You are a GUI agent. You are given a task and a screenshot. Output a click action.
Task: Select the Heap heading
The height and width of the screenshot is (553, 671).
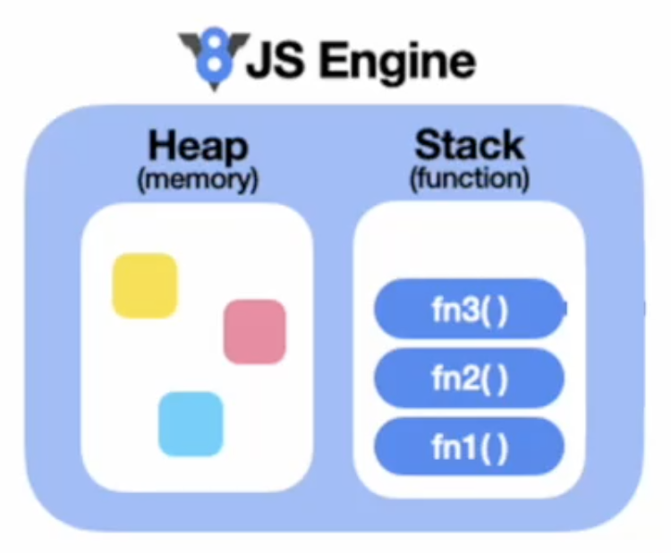click(198, 146)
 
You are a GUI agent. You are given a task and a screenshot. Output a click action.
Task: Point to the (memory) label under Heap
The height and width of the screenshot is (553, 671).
click(198, 179)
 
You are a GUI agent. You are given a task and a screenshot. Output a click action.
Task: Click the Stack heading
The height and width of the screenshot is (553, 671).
click(470, 146)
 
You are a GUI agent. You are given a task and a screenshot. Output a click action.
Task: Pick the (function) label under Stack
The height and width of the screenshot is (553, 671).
click(470, 179)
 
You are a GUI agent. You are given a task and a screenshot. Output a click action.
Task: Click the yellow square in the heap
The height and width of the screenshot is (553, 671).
click(144, 285)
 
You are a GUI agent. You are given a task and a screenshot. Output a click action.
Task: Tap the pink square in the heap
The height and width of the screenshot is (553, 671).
click(254, 332)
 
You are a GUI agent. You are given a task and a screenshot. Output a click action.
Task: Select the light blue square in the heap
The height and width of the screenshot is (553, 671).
click(191, 423)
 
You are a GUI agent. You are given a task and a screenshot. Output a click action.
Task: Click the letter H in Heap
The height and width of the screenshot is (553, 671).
click(162, 146)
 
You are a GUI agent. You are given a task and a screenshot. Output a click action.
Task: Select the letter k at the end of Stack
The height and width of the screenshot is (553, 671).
click(513, 146)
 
